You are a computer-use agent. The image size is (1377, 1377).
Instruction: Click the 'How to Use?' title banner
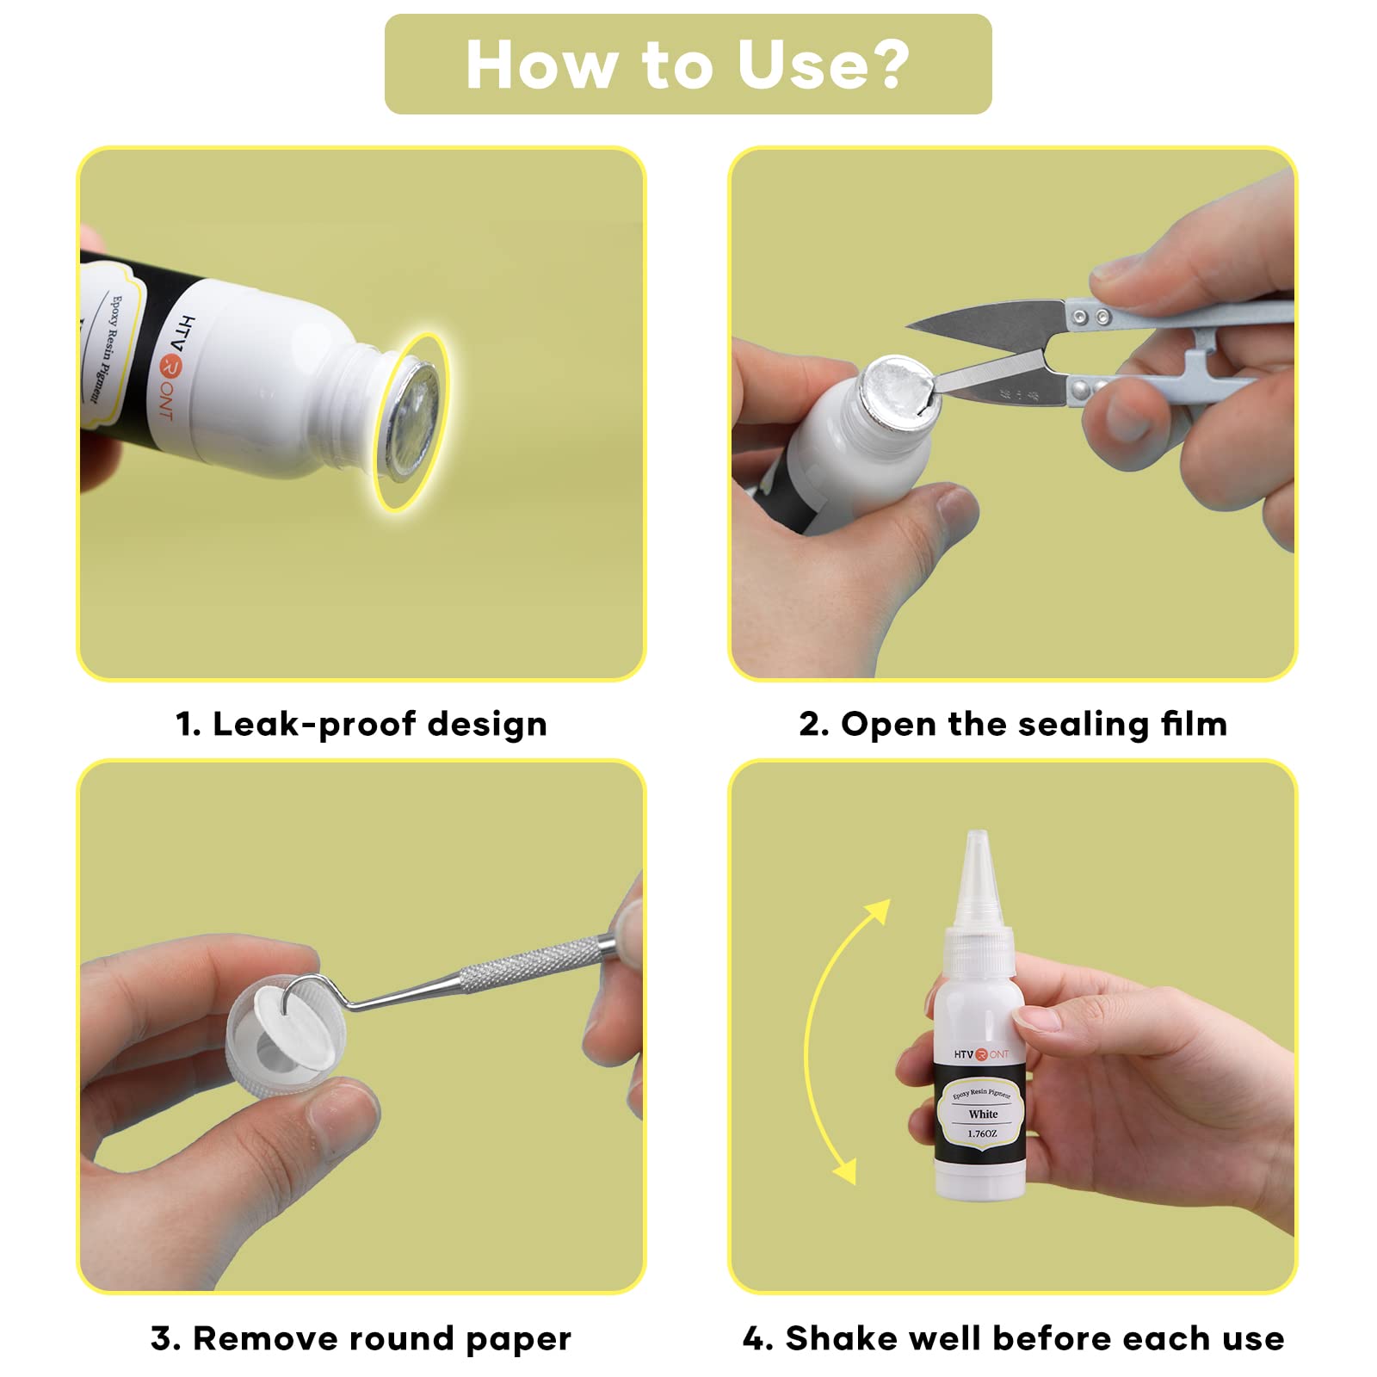[x=688, y=64]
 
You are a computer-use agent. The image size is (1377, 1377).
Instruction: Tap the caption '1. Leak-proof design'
[x=361, y=724]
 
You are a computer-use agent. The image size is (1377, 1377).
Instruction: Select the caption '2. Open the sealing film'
[x=1013, y=724]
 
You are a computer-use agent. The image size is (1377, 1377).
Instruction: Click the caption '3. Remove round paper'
[x=361, y=1338]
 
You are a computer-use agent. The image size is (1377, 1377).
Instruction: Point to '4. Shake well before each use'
[x=1013, y=1338]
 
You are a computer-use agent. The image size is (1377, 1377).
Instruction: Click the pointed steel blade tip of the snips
[x=911, y=327]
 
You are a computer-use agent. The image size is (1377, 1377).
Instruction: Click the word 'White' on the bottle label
[x=983, y=1114]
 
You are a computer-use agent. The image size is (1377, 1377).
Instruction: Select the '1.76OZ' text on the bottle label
[x=982, y=1133]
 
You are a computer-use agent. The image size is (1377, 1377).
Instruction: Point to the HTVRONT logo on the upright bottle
[x=981, y=1054]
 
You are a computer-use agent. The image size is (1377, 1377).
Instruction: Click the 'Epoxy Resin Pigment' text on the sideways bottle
[x=104, y=349]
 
